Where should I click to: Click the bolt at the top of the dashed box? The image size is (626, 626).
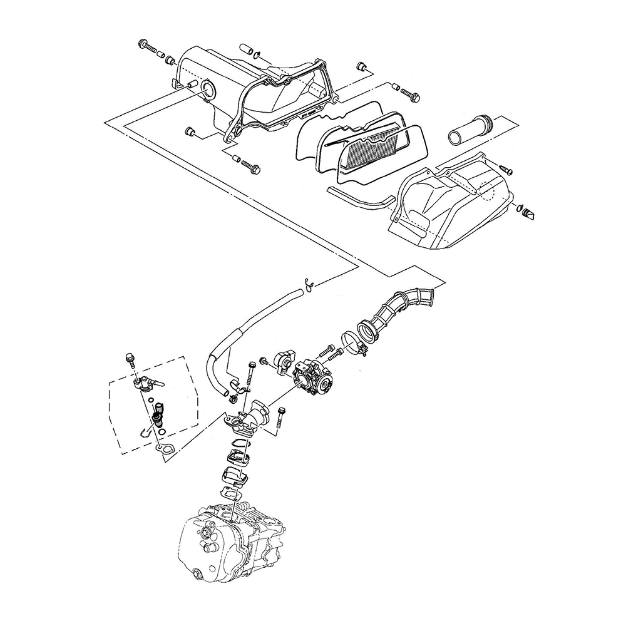tap(130, 358)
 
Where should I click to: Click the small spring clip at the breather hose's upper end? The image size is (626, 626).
tap(307, 283)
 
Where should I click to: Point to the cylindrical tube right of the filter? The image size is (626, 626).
tap(469, 128)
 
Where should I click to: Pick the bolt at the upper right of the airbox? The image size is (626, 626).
tap(410, 94)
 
